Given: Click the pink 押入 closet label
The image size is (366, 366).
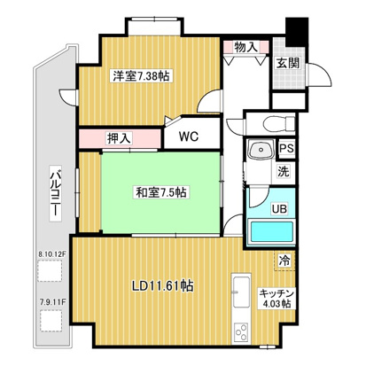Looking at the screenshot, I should coord(120,138).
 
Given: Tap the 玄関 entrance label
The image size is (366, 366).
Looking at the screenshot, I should coord(286,63).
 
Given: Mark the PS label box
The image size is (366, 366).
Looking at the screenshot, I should coord(287,150).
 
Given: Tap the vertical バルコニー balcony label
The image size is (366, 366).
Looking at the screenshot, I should coord(52,195).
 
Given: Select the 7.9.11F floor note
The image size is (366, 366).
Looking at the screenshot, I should coord(52,301).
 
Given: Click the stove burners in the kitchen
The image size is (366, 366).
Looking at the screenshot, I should coord(241,334).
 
